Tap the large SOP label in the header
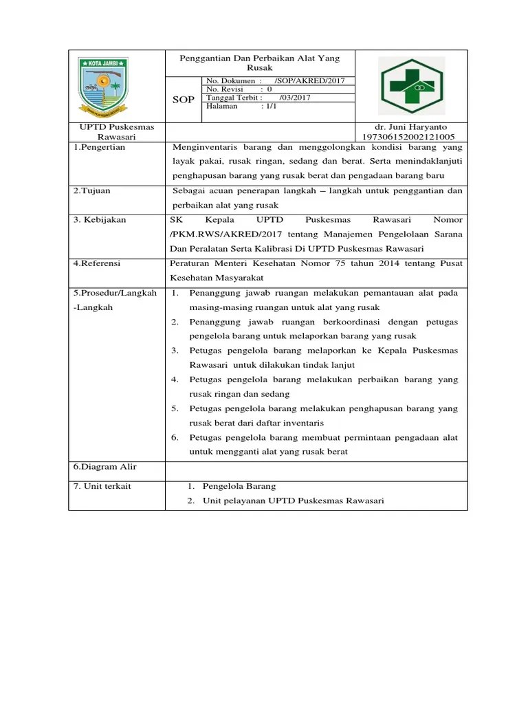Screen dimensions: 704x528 coord(184,100)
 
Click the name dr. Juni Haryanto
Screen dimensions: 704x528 coord(410,127)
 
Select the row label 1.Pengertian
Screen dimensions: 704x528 coord(100,147)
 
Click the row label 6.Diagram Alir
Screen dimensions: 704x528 coord(105,467)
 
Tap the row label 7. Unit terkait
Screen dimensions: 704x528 coord(102,486)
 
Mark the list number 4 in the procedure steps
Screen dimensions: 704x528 coord(175,379)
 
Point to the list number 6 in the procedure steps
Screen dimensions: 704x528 coord(175,437)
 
